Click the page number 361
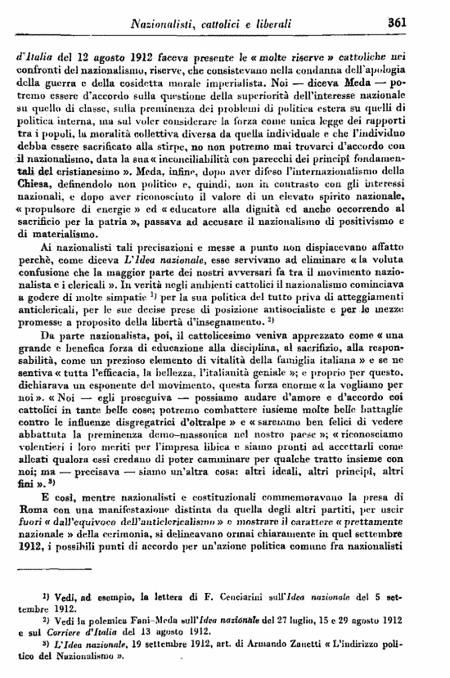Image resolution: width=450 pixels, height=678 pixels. click(x=421, y=21)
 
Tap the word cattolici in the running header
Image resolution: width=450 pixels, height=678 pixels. click(x=213, y=22)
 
